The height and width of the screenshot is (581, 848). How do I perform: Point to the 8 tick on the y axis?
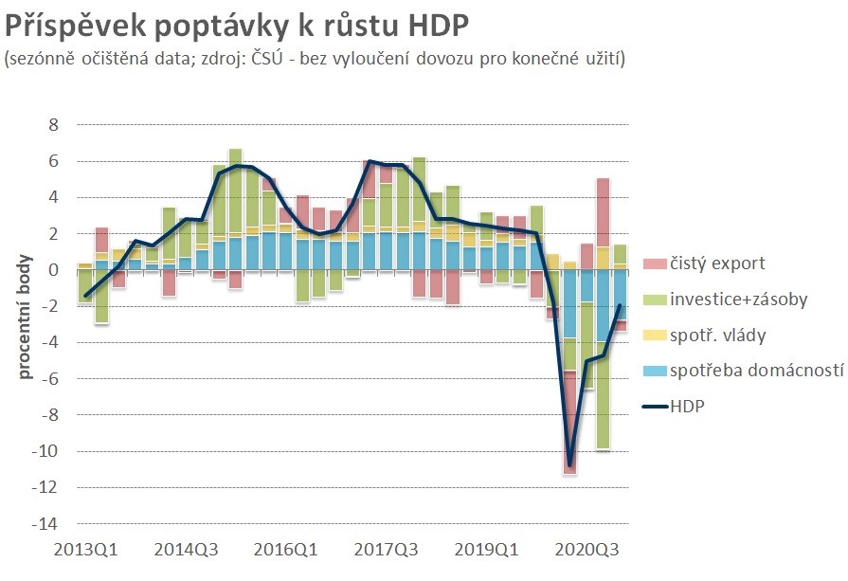(x=53, y=125)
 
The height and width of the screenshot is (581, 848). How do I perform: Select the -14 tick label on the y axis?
(x=45, y=524)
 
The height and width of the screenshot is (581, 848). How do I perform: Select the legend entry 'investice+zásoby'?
(x=738, y=300)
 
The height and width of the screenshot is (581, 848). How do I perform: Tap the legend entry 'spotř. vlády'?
(x=716, y=335)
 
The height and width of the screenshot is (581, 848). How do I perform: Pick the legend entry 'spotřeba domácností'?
(x=755, y=371)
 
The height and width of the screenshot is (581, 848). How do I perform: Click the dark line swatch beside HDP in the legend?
(x=655, y=406)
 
